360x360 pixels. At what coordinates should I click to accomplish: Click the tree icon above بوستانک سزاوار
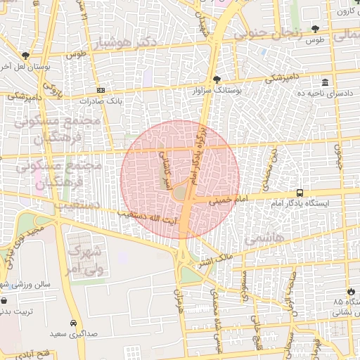215,80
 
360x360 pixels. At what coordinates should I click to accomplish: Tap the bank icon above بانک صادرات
101,90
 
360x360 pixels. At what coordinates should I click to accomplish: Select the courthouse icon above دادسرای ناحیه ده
324,82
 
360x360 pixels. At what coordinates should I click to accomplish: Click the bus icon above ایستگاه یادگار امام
300,193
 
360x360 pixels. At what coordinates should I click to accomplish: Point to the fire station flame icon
351,292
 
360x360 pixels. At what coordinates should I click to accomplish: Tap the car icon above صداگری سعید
73,323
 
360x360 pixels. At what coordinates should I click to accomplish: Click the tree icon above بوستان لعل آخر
25,56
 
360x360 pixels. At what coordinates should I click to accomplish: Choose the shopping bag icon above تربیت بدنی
4,300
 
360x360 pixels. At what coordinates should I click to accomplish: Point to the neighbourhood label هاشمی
265,239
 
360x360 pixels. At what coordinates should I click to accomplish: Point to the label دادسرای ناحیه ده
324,93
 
